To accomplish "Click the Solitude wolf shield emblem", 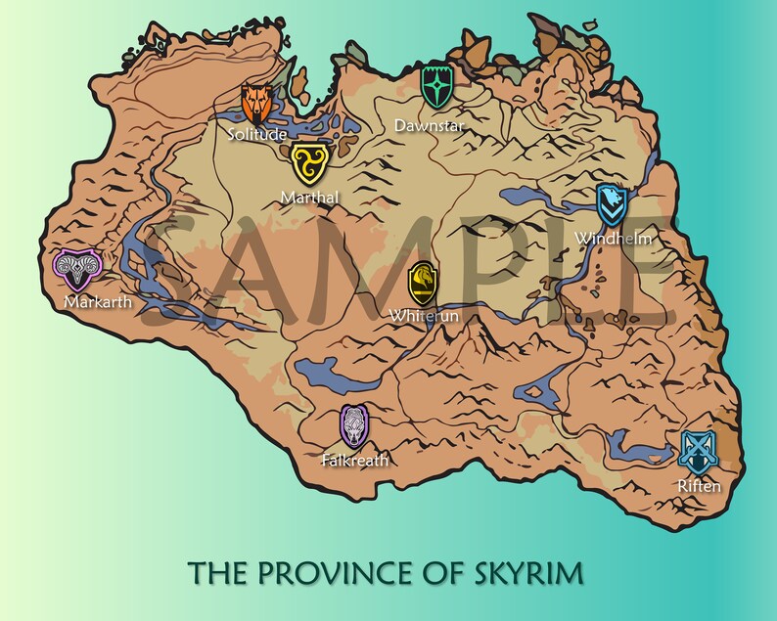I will tap(258, 102).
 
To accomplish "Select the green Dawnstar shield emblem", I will tap(435, 88).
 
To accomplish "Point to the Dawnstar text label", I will tap(429, 125).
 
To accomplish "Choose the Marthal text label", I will tap(309, 198).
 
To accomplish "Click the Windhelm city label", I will tap(613, 239).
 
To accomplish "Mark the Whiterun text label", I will tap(423, 316).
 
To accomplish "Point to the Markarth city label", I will tap(98, 301).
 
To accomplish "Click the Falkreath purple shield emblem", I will tap(354, 425).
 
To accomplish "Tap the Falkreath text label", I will tap(355, 460).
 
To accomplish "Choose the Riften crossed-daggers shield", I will tap(699, 451).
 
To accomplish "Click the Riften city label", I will tap(699, 486).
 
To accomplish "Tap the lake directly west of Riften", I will tap(627, 448).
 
